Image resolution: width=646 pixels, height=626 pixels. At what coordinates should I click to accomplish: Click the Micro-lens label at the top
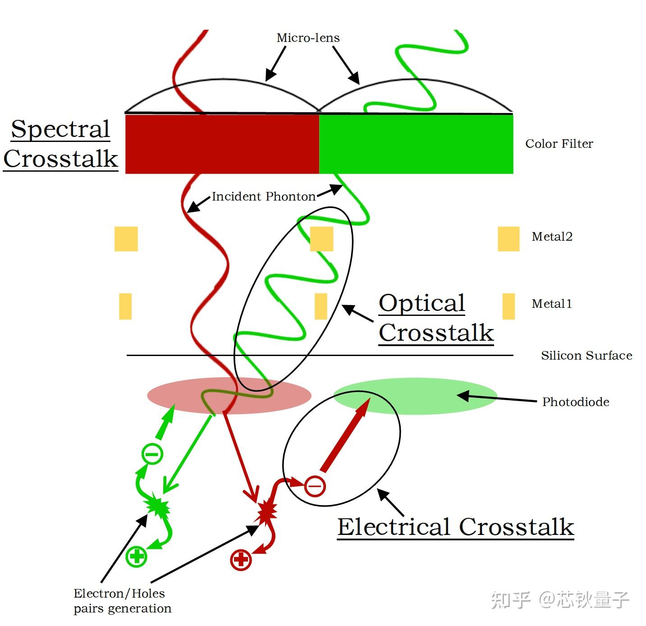308,38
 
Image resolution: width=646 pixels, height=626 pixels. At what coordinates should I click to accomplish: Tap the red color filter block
222,144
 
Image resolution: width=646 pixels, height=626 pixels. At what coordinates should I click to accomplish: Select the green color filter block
416,144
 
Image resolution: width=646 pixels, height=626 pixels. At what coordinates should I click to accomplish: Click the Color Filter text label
559,144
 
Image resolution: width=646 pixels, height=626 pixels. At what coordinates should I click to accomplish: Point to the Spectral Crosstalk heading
60,144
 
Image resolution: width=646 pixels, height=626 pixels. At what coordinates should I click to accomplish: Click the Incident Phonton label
264,196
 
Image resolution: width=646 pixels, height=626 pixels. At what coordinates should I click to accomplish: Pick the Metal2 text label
552,237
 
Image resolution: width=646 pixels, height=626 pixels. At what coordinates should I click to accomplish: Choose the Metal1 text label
552,304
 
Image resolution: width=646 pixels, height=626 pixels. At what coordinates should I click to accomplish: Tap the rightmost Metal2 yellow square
508,239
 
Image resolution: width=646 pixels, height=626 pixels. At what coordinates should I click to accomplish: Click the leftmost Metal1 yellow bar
125,306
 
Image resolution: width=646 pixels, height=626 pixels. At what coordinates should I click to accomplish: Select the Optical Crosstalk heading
436,318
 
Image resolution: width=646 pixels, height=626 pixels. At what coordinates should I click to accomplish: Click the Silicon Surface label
586,356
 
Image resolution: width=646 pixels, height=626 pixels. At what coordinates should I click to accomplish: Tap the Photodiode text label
576,402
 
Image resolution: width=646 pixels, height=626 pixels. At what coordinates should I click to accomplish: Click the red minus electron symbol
315,486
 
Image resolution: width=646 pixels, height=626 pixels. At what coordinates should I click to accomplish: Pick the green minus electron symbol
152,453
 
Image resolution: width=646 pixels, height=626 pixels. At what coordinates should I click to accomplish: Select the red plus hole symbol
241,560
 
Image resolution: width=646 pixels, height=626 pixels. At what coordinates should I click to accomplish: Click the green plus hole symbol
137,556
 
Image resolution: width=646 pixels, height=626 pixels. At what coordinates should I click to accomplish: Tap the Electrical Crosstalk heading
456,527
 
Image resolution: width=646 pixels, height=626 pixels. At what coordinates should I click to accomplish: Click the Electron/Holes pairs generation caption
122,601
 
